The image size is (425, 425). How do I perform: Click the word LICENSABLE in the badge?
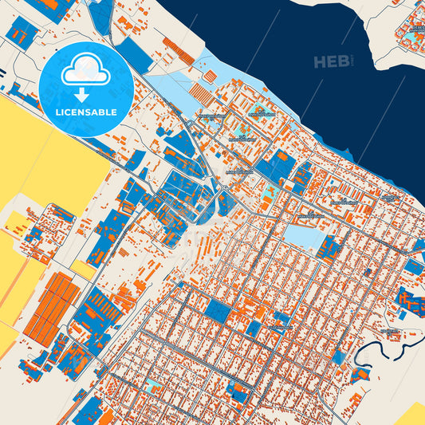point(87,113)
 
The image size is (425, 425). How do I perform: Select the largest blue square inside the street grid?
point(218,310)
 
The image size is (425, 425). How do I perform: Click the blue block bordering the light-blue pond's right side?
point(328,248)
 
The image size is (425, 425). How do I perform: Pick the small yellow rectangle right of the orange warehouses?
point(84,269)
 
